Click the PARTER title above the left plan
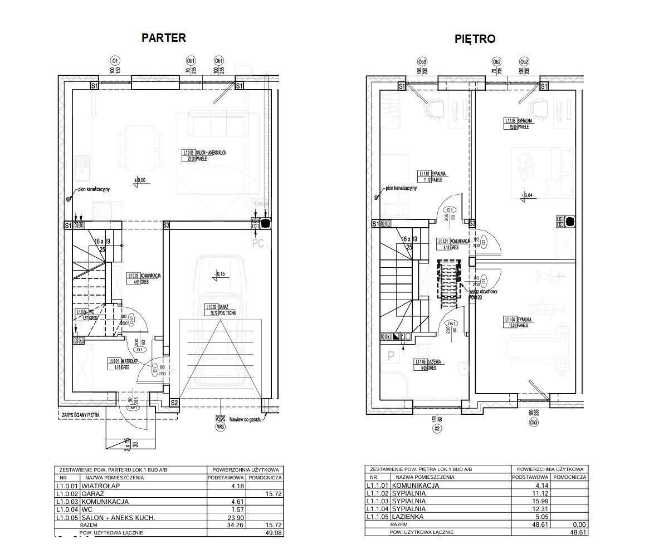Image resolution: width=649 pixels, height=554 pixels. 163,38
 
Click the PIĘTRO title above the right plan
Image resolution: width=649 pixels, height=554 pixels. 475,39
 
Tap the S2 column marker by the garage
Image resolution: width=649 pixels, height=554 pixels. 174,403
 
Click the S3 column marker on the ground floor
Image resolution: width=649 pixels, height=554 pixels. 166,225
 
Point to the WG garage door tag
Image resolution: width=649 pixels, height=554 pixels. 220,427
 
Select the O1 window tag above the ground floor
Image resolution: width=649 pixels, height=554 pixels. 115,60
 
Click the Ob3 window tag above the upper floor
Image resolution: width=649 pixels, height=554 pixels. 422,61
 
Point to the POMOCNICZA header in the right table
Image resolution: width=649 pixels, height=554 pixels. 570,477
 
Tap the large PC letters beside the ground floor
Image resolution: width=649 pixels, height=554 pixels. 258,243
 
